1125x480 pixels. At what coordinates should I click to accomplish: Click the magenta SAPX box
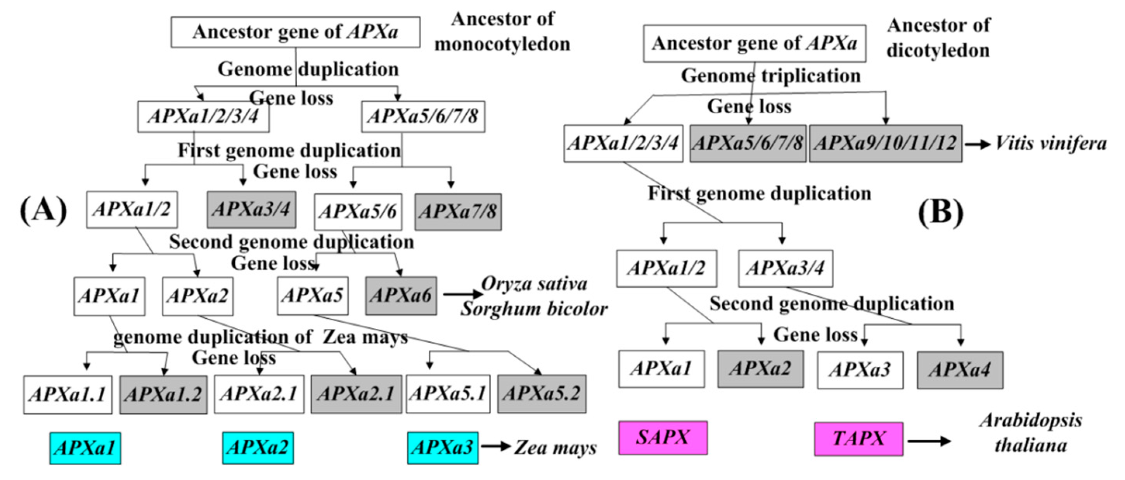[663, 438]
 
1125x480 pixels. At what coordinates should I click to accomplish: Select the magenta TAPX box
[858, 439]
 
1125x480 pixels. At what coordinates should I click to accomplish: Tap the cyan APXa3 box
[442, 448]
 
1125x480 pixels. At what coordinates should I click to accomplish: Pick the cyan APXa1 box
[85, 448]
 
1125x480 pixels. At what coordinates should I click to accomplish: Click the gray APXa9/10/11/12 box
[885, 143]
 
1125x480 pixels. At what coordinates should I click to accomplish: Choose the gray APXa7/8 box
[458, 212]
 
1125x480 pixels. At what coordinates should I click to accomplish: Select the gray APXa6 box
[400, 295]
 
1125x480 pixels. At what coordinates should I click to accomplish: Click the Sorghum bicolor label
[534, 309]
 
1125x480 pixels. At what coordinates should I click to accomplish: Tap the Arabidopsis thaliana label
[1031, 433]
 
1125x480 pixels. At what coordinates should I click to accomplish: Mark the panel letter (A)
[43, 210]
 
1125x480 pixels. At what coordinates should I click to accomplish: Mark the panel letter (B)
[940, 212]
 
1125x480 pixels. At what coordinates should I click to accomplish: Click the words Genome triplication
[770, 76]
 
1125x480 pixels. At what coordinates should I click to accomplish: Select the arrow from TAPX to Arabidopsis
[929, 441]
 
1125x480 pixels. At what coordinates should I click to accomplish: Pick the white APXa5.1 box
[448, 394]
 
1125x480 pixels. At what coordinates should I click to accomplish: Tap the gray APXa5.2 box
[541, 394]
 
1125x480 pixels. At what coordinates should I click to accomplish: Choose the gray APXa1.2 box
[163, 394]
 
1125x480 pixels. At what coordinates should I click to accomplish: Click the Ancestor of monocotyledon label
[502, 31]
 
